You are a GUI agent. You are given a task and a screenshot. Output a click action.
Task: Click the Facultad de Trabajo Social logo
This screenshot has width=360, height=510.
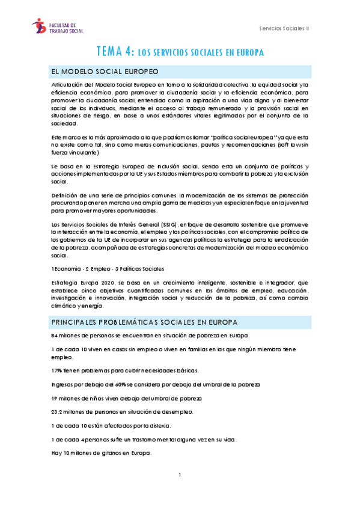58,26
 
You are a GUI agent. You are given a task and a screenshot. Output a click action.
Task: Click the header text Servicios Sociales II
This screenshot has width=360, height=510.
284,28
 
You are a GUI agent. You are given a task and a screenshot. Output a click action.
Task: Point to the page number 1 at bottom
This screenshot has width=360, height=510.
180,475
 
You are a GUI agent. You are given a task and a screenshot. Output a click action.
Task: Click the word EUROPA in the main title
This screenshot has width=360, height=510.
248,52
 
